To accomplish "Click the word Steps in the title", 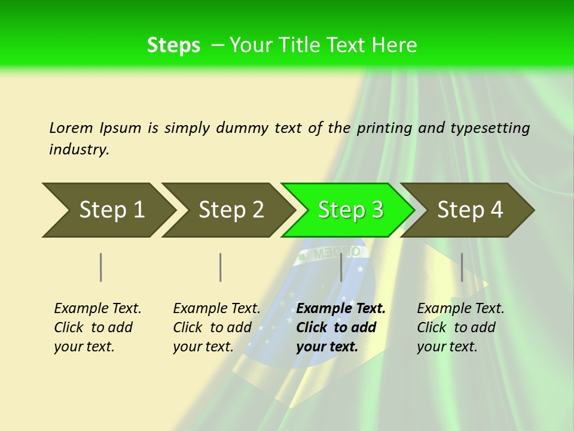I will coord(173,45).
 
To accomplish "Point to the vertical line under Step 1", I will coord(101,267).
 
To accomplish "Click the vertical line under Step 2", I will coord(221,267).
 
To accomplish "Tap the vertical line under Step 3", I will coord(341,267).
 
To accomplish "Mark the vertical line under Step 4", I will coord(462,267).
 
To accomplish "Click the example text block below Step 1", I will coord(97,327).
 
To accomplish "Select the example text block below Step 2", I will coord(216,327).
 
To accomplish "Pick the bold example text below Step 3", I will coord(341,327).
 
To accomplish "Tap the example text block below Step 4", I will coord(460,327).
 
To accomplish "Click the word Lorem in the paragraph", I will coord(71,128).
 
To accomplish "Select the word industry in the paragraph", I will coord(78,150).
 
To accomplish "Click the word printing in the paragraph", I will coord(384,128).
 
